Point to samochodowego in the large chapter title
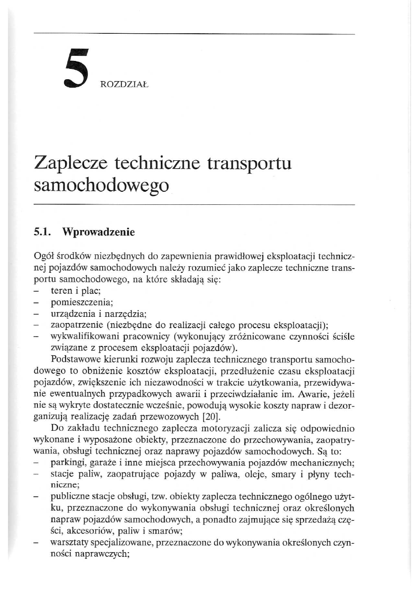[x=101, y=186]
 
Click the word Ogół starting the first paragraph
[x=45, y=257]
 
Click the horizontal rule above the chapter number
[x=194, y=34]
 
